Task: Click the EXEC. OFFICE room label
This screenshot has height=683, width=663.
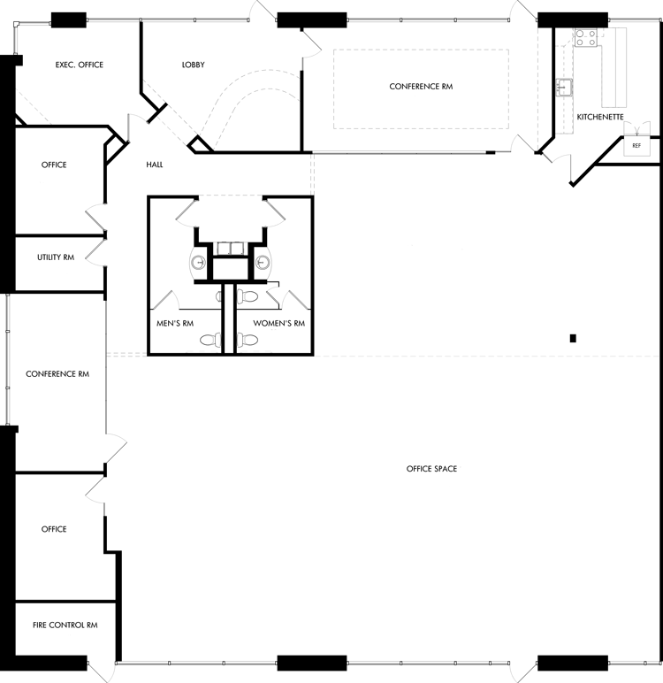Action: (80, 65)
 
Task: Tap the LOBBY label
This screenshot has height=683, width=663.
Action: (194, 65)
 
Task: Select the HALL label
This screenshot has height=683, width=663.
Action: (155, 165)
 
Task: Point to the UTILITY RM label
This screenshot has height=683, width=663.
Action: (56, 257)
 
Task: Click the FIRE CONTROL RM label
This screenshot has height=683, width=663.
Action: (65, 625)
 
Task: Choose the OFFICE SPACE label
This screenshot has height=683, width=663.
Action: (432, 469)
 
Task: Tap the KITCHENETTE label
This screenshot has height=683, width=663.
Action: (600, 117)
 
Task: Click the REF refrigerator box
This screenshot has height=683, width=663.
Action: (636, 146)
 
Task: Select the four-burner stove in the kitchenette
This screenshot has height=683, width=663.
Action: (586, 37)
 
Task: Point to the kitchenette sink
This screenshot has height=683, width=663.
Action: (564, 88)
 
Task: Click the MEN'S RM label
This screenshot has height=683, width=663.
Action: (175, 323)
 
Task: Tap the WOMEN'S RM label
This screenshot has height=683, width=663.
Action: (279, 323)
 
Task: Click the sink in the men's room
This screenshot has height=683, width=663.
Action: (199, 263)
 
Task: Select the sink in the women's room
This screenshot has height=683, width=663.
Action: (263, 263)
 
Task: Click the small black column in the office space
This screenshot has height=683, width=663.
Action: (573, 338)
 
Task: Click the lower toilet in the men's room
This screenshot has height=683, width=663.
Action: (210, 340)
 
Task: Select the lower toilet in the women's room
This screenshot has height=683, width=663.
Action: (247, 340)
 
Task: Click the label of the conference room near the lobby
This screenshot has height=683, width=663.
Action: (421, 87)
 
